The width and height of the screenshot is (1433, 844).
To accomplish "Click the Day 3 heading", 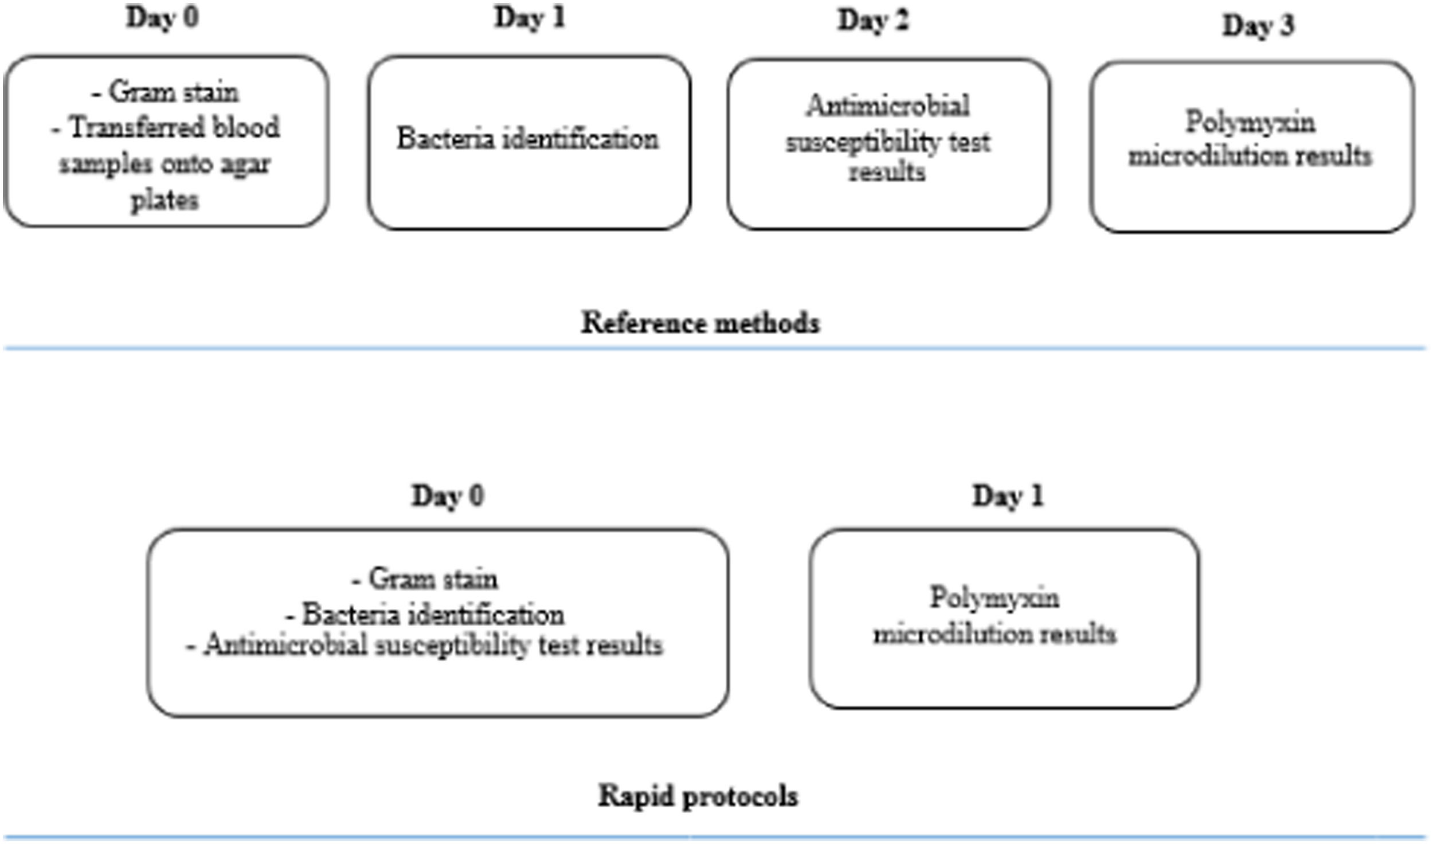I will pyautogui.click(x=1258, y=25).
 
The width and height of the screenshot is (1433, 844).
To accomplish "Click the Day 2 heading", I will pyautogui.click(x=873, y=21).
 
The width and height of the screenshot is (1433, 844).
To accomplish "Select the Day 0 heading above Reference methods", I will pyautogui.click(x=163, y=17).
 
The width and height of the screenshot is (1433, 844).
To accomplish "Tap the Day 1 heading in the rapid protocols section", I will pyautogui.click(x=1008, y=496).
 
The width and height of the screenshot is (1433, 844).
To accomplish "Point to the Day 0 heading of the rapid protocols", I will pyautogui.click(x=448, y=496).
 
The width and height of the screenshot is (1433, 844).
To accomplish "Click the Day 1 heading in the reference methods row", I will pyautogui.click(x=530, y=17).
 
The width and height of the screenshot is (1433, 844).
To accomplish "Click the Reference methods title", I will pyautogui.click(x=700, y=322).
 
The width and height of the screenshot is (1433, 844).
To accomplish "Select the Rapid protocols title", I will pyautogui.click(x=698, y=796).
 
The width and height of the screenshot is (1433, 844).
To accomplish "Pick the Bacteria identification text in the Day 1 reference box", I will pyautogui.click(x=528, y=139).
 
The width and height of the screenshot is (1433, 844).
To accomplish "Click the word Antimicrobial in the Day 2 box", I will pyautogui.click(x=888, y=106).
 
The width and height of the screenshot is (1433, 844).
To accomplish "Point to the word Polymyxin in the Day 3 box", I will pyautogui.click(x=1250, y=122).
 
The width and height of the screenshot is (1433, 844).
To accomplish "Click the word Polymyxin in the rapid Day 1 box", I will pyautogui.click(x=995, y=597).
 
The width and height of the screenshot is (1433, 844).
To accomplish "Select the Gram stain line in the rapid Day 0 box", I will pyautogui.click(x=425, y=579).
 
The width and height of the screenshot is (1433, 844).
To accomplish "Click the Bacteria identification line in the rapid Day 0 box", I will pyautogui.click(x=425, y=615).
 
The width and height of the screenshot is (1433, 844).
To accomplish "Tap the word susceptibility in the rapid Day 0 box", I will pyautogui.click(x=452, y=646).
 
